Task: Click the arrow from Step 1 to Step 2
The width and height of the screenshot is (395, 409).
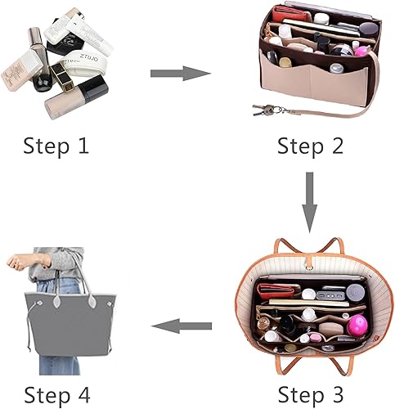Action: point(180,74)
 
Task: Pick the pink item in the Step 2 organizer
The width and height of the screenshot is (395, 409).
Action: point(361,51)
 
